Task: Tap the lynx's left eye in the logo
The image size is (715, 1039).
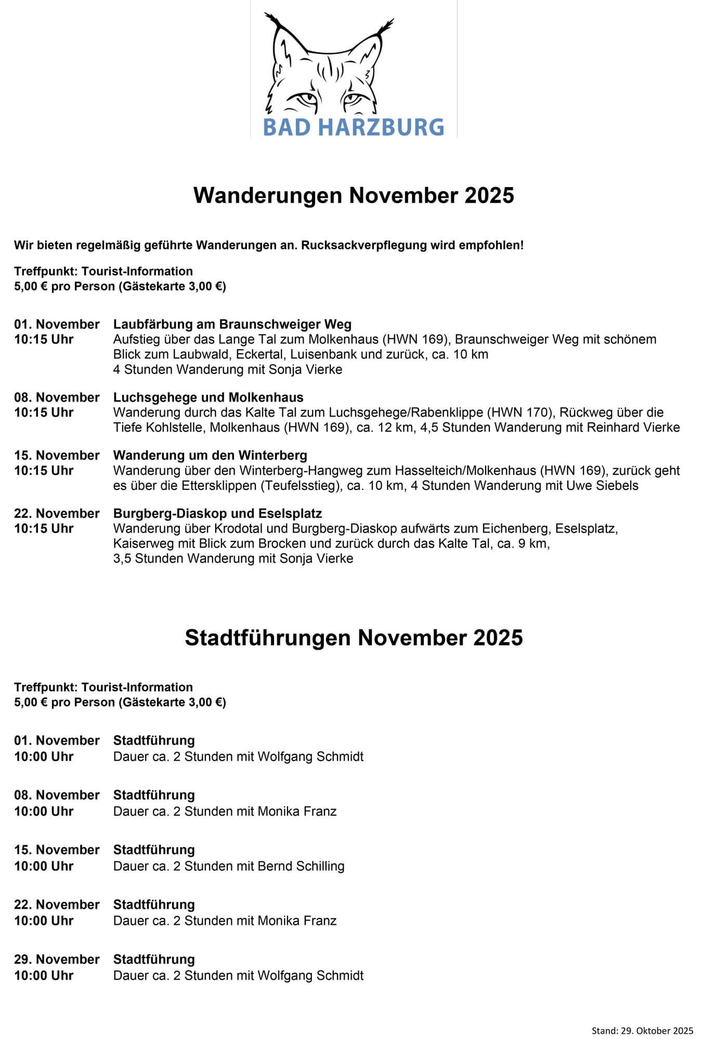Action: [304, 98]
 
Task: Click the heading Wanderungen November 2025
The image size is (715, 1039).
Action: [354, 195]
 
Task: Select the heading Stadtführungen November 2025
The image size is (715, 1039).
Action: [354, 637]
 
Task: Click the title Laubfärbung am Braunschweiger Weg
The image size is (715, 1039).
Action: [232, 324]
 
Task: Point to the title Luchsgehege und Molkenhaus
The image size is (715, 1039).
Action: [208, 397]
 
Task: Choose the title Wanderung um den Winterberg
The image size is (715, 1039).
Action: [210, 456]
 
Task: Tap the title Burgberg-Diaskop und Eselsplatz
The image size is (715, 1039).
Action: [217, 514]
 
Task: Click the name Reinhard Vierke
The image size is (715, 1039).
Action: [633, 428]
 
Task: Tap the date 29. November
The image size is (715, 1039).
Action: [57, 959]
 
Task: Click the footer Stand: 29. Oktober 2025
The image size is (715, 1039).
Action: [642, 1031]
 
